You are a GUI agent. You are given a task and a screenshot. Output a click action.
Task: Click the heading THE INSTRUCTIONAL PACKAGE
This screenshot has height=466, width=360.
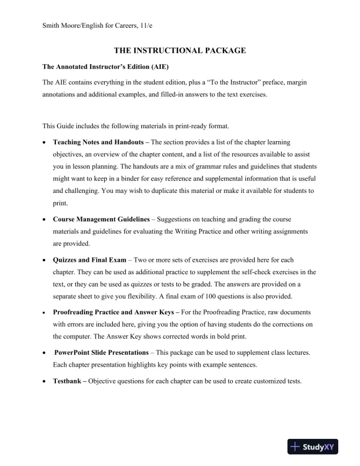click(179, 52)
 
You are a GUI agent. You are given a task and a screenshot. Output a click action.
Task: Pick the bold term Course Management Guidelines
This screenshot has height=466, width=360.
click(101, 219)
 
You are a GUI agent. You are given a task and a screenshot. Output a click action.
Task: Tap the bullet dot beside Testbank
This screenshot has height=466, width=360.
click(45, 382)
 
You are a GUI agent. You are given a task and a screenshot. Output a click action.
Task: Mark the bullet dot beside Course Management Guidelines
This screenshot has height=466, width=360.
click(45, 219)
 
